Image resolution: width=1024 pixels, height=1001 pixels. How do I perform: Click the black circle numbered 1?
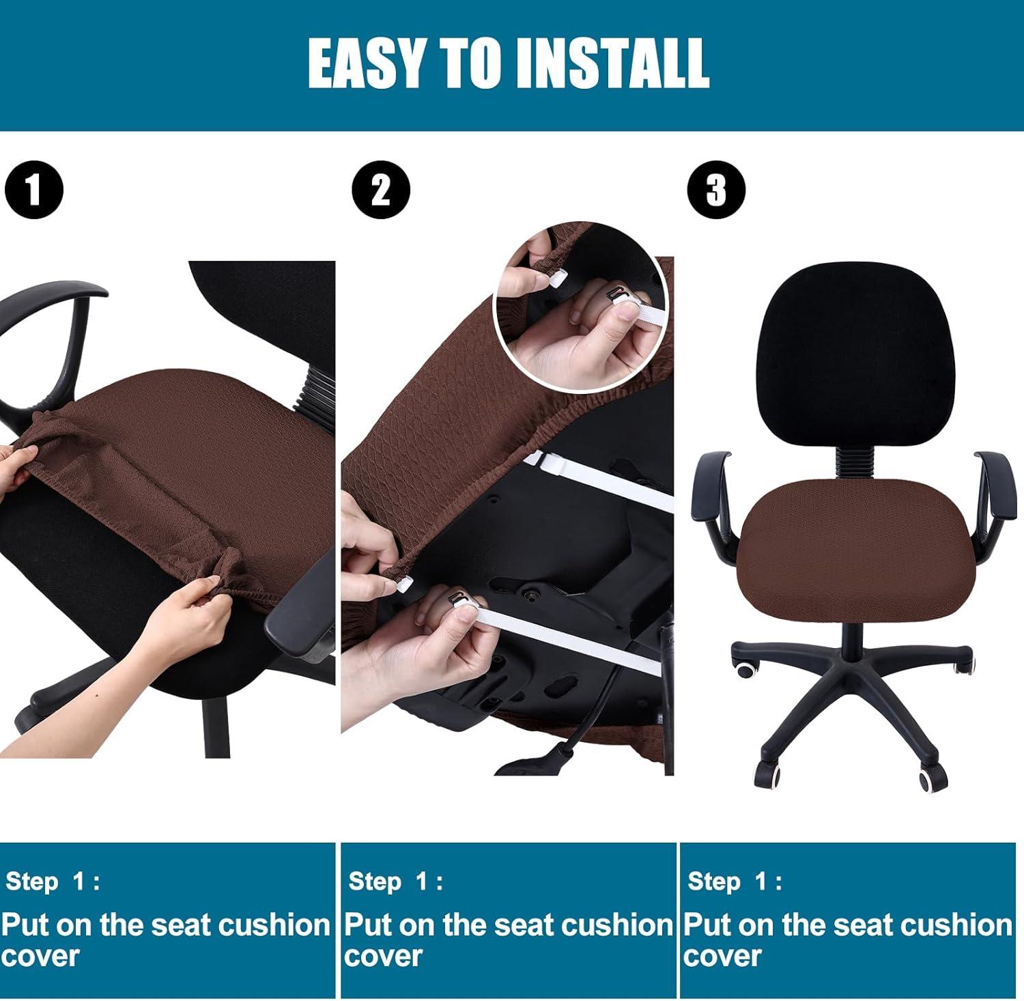[x=33, y=191]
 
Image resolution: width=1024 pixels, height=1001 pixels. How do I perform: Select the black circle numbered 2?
[x=381, y=190]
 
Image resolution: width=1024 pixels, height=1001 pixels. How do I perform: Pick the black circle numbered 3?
[x=716, y=190]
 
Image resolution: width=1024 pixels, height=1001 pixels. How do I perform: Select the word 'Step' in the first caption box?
[x=32, y=881]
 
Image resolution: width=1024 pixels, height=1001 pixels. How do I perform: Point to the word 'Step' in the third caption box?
[x=714, y=881]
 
